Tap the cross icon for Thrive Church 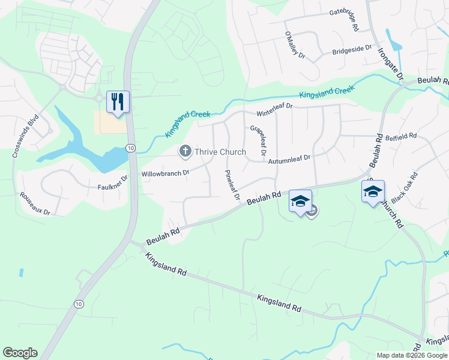tap(185, 152)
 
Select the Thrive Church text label tap(220, 152)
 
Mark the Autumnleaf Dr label tap(289, 160)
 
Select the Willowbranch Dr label tap(165, 173)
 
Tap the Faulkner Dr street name tap(113, 183)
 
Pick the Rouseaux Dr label tap(35, 203)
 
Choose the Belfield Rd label tap(401, 137)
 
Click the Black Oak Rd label tap(403, 187)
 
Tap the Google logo tap(20, 353)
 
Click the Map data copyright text tap(412, 355)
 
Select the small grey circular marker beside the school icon tap(312, 211)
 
